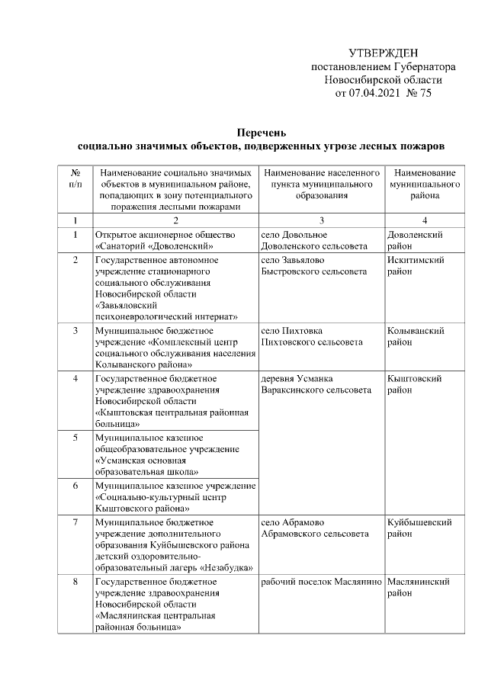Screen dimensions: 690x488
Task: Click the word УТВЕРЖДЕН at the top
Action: coord(384,53)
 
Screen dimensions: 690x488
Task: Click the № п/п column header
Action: coord(75,179)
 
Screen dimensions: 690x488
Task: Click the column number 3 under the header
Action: coord(321,220)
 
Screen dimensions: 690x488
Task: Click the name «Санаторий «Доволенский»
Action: coord(153,246)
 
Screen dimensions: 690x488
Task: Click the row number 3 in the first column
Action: coord(75,331)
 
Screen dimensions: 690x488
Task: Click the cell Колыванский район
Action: coord(416,337)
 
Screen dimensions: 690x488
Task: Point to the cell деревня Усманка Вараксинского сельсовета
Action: coord(316,384)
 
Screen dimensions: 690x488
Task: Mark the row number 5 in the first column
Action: coord(75,438)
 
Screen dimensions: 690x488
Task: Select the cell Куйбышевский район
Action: coord(419,528)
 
